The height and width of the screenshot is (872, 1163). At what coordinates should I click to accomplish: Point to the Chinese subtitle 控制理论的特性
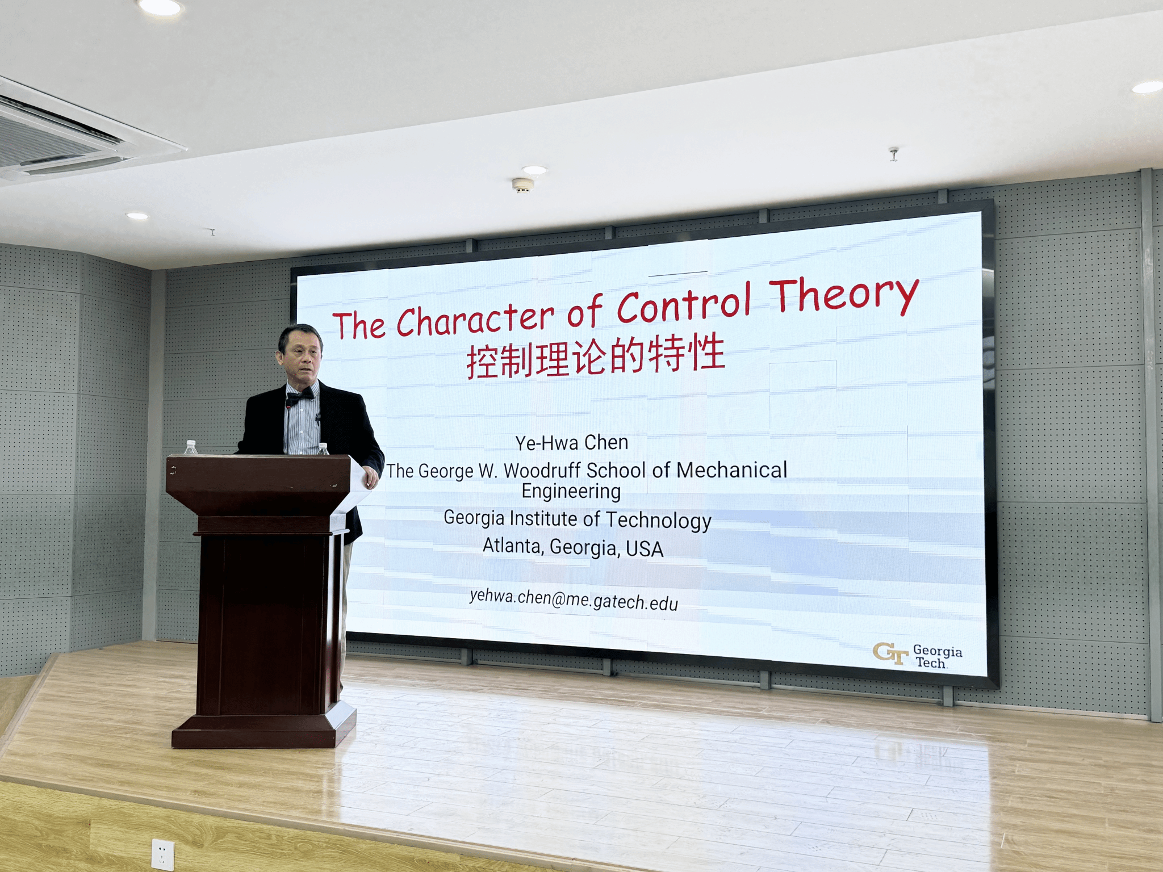point(596,357)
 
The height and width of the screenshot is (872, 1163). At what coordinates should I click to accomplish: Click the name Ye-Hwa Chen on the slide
point(572,442)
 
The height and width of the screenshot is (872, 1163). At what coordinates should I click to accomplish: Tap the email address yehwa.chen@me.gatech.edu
point(574,599)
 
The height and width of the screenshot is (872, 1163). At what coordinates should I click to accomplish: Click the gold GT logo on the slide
point(890,653)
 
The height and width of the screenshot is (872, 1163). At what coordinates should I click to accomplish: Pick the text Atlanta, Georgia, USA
point(573,547)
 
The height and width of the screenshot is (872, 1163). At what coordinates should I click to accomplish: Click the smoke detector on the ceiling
point(523,185)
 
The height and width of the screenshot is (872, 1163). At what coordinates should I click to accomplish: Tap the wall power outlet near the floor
point(163,854)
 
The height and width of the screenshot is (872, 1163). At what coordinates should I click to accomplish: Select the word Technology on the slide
point(658,521)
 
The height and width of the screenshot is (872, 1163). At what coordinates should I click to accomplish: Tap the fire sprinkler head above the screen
point(894,154)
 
